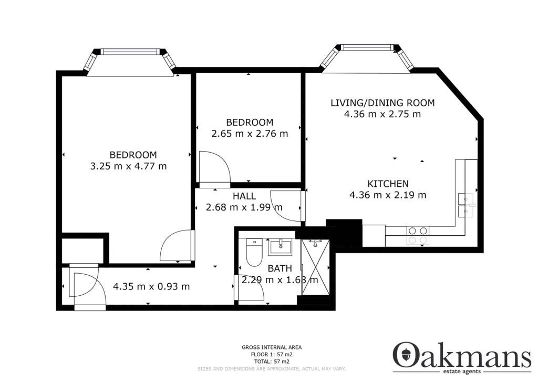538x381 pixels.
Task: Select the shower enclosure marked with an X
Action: pyautogui.click(x=315, y=267)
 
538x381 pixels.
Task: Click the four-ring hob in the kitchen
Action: pyautogui.click(x=418, y=235)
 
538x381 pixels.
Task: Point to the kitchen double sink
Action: pyautogui.click(x=465, y=205)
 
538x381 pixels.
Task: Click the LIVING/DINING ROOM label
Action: pyautogui.click(x=382, y=103)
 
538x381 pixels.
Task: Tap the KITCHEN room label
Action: pyautogui.click(x=388, y=184)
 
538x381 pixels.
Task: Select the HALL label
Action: pyautogui.click(x=244, y=196)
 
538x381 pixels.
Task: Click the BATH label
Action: pyautogui.click(x=280, y=268)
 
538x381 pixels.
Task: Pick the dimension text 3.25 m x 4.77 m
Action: pyautogui.click(x=128, y=166)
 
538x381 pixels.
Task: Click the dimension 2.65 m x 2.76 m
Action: pyautogui.click(x=250, y=134)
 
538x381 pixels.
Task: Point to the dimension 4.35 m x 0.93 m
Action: pyautogui.click(x=151, y=286)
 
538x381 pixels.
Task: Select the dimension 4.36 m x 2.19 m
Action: pyautogui.click(x=388, y=195)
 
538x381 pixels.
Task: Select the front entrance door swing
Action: pyautogui.click(x=86, y=285)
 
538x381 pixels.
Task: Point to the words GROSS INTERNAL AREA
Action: pyautogui.click(x=272, y=348)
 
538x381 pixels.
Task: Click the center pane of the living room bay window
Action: pyautogui.click(x=366, y=47)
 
